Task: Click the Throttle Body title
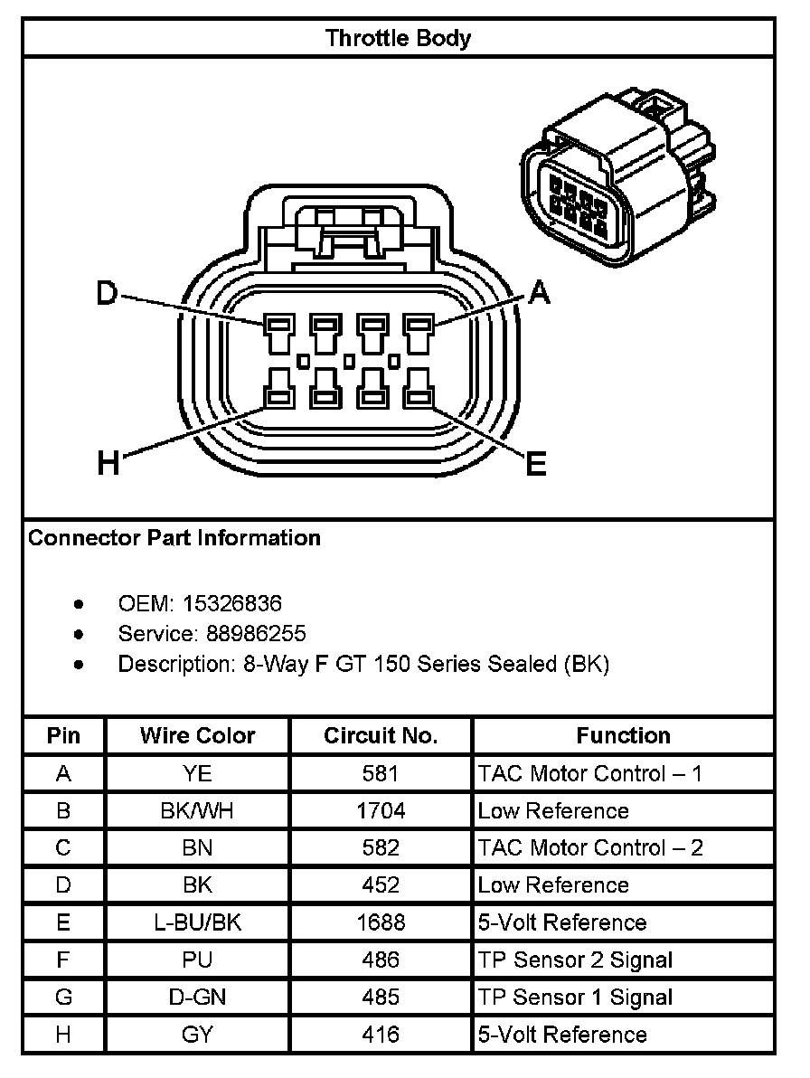[398, 38]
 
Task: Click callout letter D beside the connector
[108, 293]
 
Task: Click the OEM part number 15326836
[232, 602]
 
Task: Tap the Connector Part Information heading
[174, 538]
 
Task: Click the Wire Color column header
[197, 736]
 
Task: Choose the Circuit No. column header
[381, 736]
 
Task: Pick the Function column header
[623, 736]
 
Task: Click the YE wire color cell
[197, 773]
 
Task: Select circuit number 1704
[381, 810]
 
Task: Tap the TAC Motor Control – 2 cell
[590, 848]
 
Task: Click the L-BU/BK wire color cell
[197, 922]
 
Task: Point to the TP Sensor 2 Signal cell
[575, 960]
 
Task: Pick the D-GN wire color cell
[197, 998]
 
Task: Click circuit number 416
[381, 1035]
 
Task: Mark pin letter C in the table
[63, 848]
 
